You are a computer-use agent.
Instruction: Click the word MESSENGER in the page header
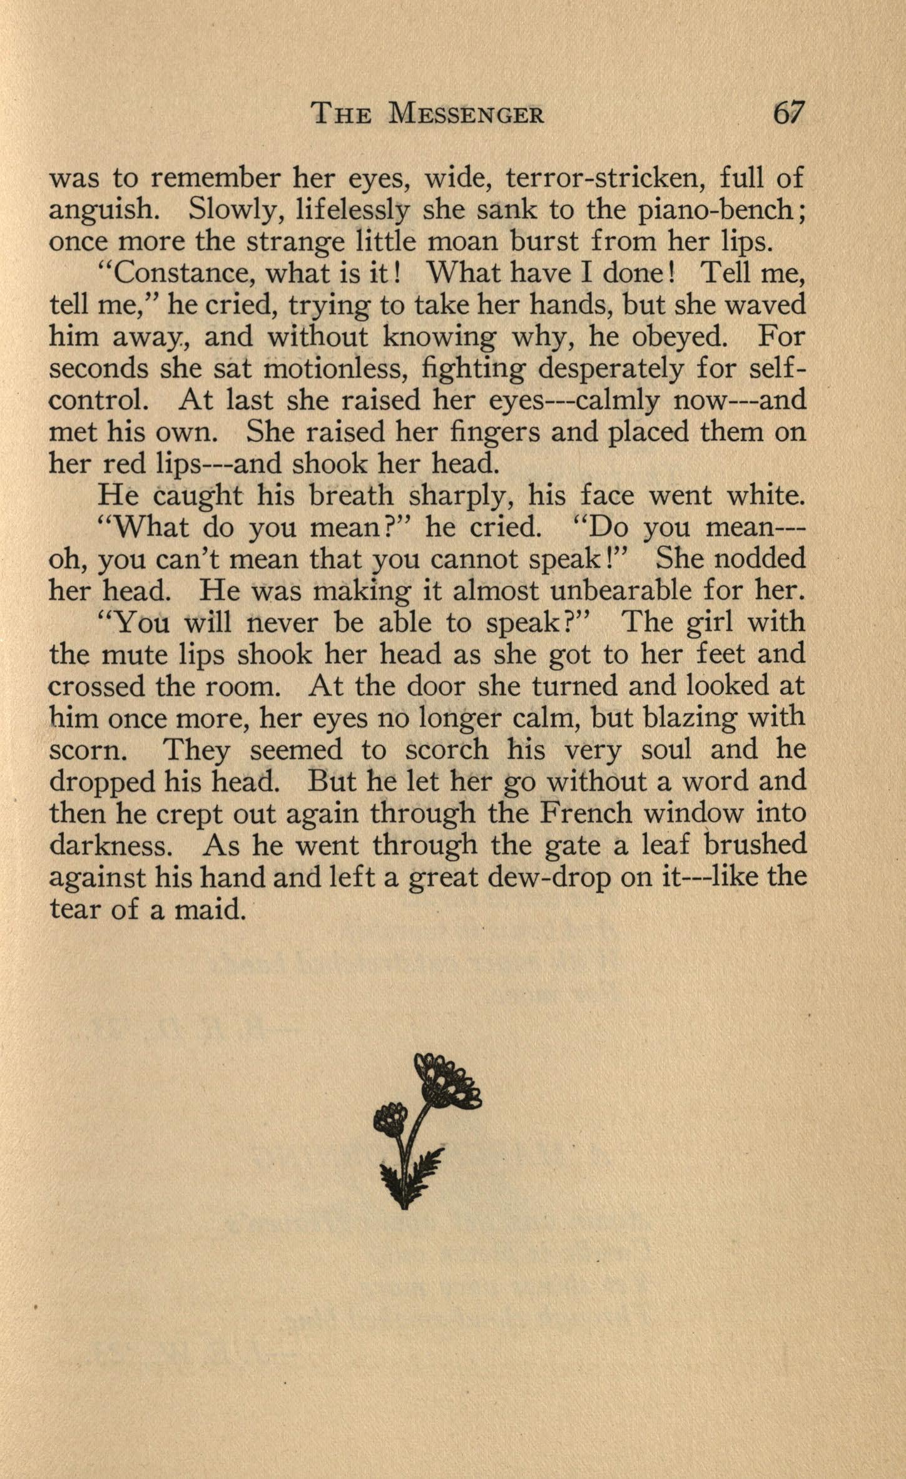466,115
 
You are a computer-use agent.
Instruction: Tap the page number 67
788,113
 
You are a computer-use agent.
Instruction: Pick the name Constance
178,274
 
